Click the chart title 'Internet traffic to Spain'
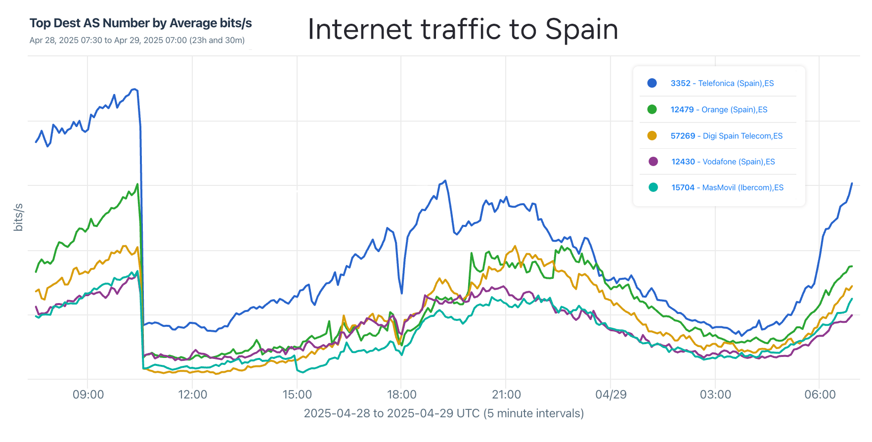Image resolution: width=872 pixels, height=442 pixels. (463, 29)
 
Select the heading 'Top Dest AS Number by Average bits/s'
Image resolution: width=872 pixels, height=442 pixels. (141, 23)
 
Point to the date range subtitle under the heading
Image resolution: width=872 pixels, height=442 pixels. (137, 40)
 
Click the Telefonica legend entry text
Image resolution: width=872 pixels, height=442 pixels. (722, 83)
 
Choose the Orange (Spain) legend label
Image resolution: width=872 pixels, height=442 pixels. (719, 109)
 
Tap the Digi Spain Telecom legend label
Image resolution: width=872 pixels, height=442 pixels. (726, 135)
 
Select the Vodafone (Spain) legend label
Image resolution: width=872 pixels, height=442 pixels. (723, 162)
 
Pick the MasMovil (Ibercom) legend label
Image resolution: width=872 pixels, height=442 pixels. (727, 187)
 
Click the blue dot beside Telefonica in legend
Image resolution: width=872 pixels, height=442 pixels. (652, 83)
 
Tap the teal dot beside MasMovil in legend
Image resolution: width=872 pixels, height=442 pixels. (653, 187)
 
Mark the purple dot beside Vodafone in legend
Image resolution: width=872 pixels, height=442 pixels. (653, 162)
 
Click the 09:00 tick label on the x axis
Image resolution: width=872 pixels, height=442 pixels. (88, 395)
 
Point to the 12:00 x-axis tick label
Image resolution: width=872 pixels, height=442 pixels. (192, 395)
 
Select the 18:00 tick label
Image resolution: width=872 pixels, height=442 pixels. (401, 395)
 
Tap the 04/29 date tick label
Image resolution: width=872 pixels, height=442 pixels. (610, 395)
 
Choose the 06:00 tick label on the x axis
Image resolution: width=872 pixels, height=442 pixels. (820, 395)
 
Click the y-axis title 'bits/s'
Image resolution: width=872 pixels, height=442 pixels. (18, 217)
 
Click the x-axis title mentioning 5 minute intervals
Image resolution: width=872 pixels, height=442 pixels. (443, 413)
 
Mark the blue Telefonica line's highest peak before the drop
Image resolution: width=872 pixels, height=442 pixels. (134, 89)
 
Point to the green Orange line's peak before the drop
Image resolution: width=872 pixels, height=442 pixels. (137, 184)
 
